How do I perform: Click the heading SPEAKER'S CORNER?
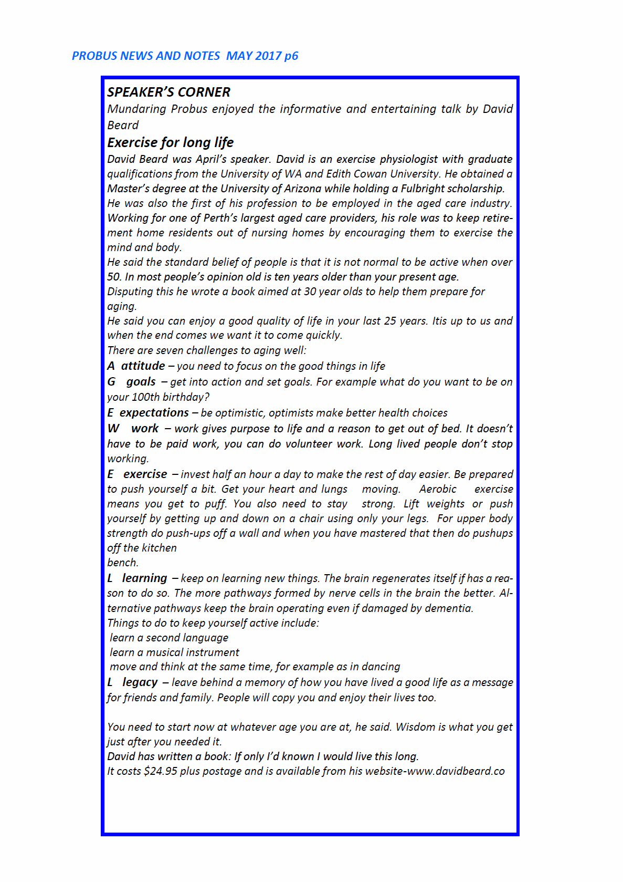click(168, 92)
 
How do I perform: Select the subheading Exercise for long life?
click(170, 142)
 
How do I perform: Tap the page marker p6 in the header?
click(291, 56)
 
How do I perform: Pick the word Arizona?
click(300, 188)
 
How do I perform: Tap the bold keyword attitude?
click(143, 366)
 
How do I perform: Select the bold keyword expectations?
click(154, 412)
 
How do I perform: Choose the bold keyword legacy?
click(140, 682)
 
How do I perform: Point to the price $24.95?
click(160, 771)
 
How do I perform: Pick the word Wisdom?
click(415, 727)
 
